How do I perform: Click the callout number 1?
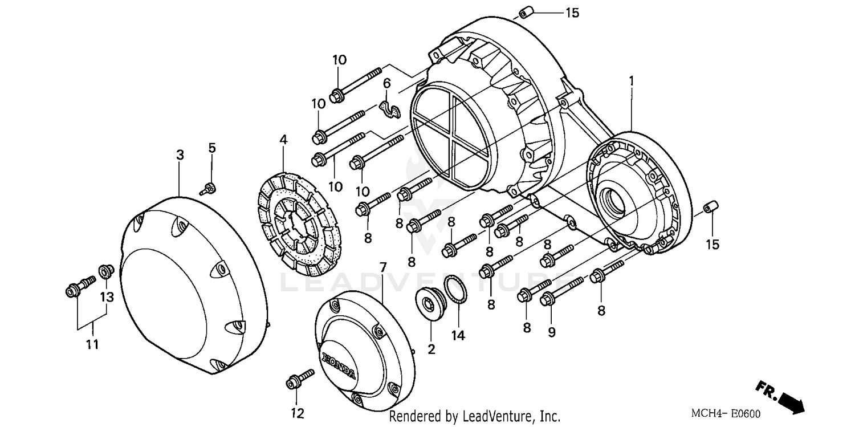coord(631,82)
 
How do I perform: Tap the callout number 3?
coord(180,154)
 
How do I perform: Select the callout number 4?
coord(284,139)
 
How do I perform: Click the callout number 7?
coord(382,266)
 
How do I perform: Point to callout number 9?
coord(551,332)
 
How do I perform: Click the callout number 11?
coord(92,344)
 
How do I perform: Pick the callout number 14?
coord(458,335)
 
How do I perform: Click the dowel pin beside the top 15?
coord(525,12)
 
